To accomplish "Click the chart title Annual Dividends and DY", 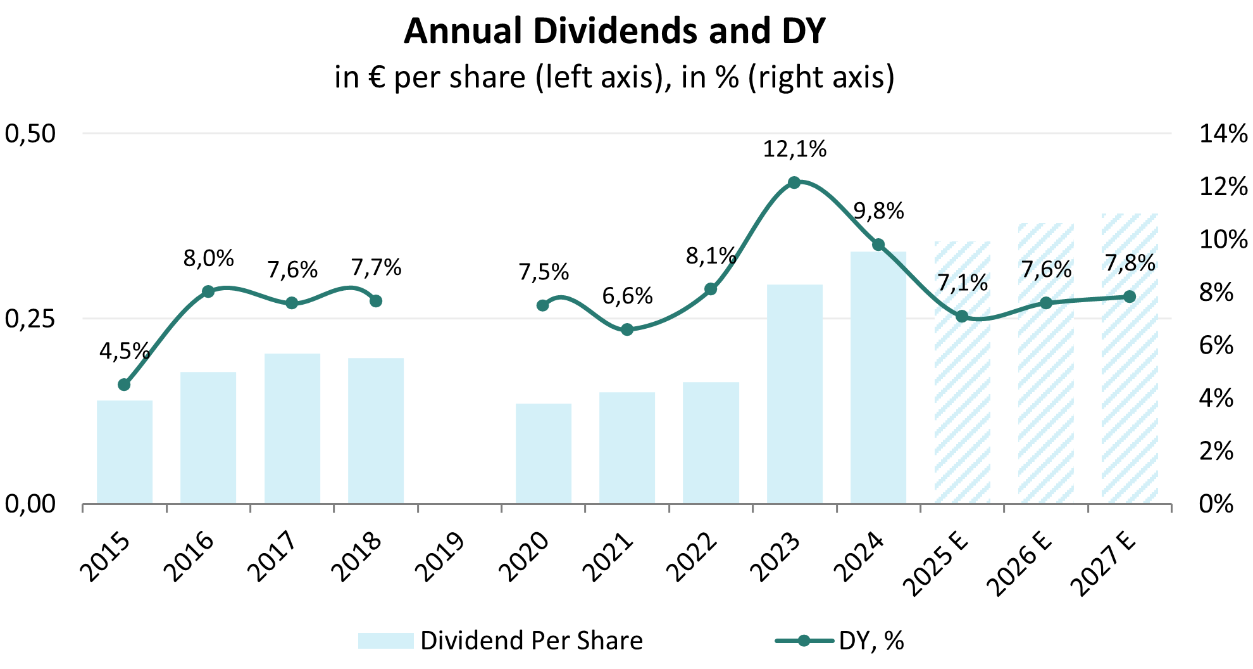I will point(614,31).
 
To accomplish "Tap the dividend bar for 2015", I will point(125,452).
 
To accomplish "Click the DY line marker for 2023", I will point(794,182).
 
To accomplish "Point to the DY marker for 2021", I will point(627,329).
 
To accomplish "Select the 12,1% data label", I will point(794,150).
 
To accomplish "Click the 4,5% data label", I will point(125,351).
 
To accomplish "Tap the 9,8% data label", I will point(878,211).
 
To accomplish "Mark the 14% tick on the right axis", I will point(1223,134).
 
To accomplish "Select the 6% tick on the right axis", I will point(1216,346).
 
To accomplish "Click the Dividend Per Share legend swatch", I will point(385,640).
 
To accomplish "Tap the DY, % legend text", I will point(871,640).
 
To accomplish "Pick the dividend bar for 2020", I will point(544,454).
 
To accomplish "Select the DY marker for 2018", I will point(376,301).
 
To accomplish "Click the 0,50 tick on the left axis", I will point(30,134).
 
